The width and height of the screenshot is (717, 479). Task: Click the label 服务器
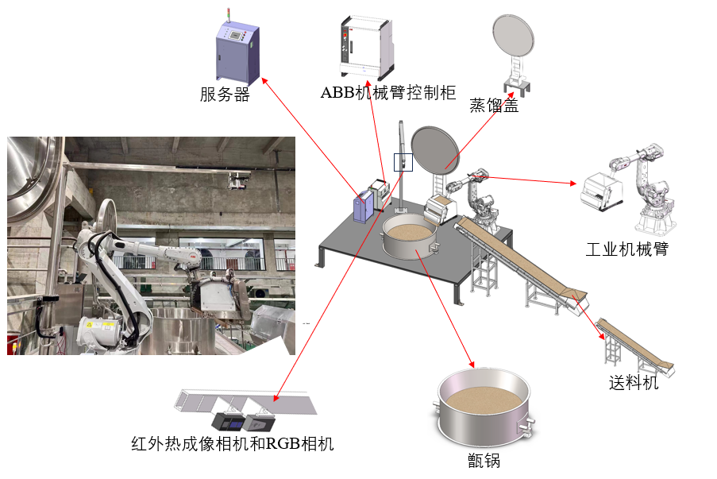point(225,95)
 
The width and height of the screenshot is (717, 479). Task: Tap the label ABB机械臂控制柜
point(388,92)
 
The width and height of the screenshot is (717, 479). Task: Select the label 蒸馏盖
point(495,105)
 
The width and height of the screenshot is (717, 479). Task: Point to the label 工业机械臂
point(627,249)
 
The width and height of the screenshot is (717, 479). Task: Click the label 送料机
point(634,382)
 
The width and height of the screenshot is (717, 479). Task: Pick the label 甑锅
point(484,460)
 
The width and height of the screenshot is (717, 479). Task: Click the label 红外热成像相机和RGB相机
point(233,444)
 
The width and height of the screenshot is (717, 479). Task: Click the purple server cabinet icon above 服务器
point(237,50)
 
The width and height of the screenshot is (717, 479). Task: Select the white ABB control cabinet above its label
point(367,48)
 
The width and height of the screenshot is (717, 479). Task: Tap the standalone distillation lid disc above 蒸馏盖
point(514,36)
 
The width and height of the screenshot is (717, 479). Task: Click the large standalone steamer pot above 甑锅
point(484,408)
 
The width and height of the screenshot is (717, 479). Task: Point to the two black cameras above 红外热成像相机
point(243,422)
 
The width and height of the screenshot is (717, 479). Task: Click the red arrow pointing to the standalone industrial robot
point(523,180)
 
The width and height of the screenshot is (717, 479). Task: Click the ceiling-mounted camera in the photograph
point(239,180)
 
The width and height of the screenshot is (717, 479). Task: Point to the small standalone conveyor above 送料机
point(635,347)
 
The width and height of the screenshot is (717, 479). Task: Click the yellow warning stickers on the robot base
point(101,325)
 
